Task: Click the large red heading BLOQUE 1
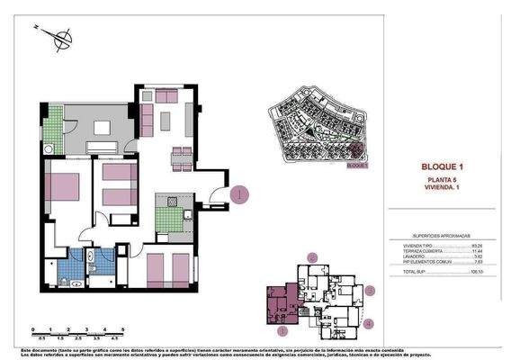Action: (x=441, y=167)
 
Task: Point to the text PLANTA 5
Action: (x=441, y=181)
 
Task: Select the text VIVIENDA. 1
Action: (x=441, y=189)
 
